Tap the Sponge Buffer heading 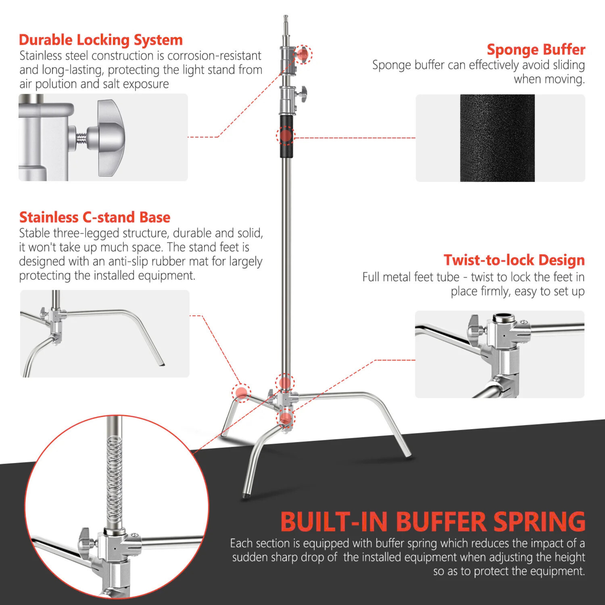536,49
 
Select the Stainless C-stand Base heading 95,217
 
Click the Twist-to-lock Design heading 514,260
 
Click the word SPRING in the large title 539,522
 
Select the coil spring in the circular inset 114,479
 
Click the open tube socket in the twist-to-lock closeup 504,319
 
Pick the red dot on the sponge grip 286,135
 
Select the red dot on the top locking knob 303,54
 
